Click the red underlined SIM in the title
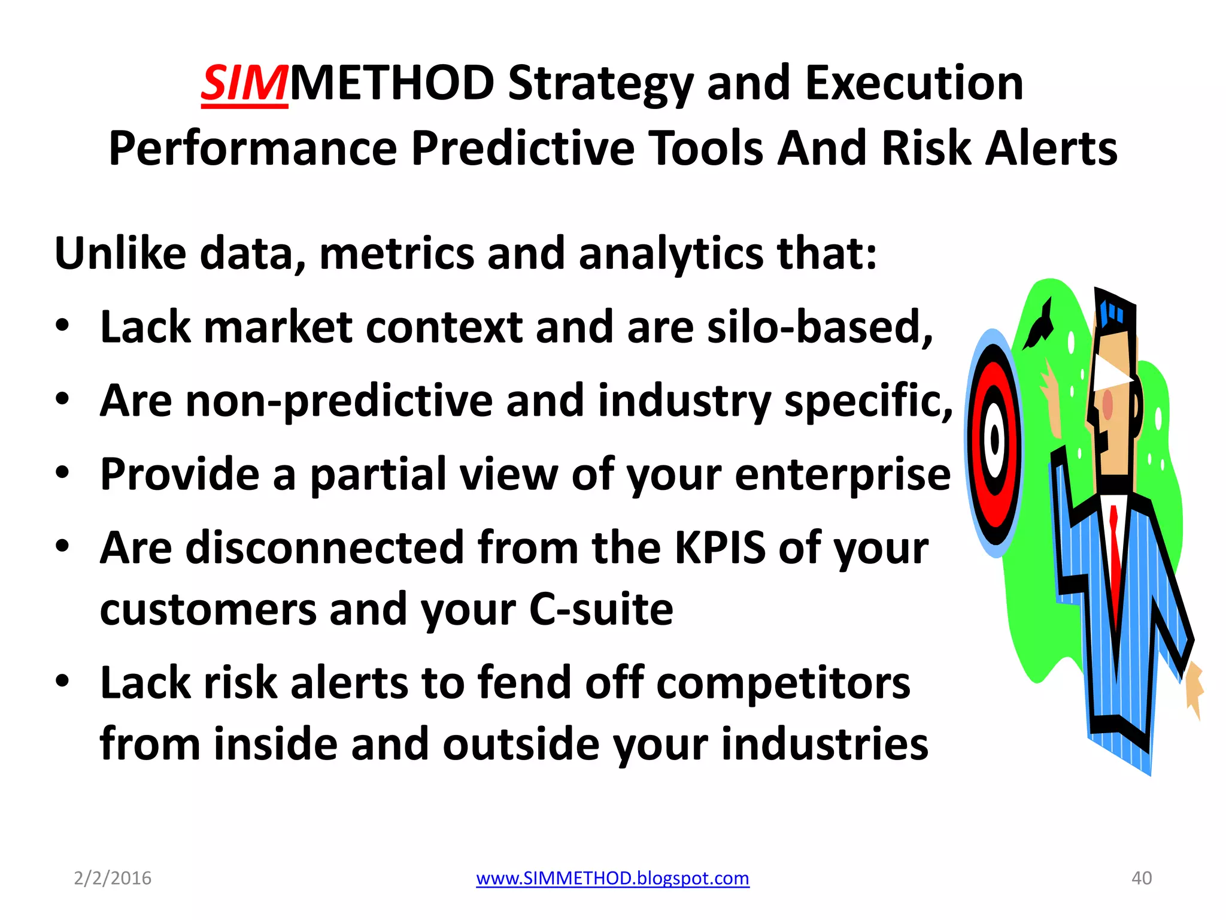pyautogui.click(x=244, y=84)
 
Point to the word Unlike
pyautogui.click(x=120, y=253)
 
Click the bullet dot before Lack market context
pyautogui.click(x=62, y=326)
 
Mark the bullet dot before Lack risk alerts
pyautogui.click(x=62, y=682)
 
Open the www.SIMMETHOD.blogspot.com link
pyautogui.click(x=612, y=878)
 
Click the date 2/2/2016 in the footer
pyautogui.click(x=113, y=878)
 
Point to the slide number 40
pyautogui.click(x=1142, y=878)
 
